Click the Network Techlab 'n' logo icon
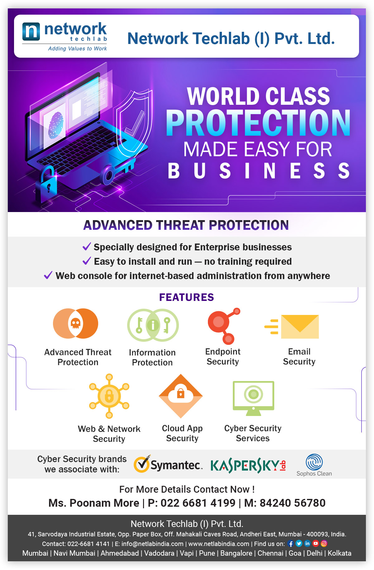tap(31, 31)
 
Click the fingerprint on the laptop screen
tap(56, 125)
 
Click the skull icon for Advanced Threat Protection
tap(75, 324)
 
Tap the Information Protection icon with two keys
tap(153, 325)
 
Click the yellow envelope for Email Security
tap(300, 326)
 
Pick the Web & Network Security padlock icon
tap(109, 396)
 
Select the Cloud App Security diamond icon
tap(181, 396)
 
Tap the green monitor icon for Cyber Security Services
tap(253, 398)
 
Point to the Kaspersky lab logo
tap(248, 466)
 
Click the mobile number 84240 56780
tap(292, 503)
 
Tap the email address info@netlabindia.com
tap(152, 544)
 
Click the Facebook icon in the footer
tap(290, 543)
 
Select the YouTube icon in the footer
tap(316, 543)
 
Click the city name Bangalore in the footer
tap(236, 553)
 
